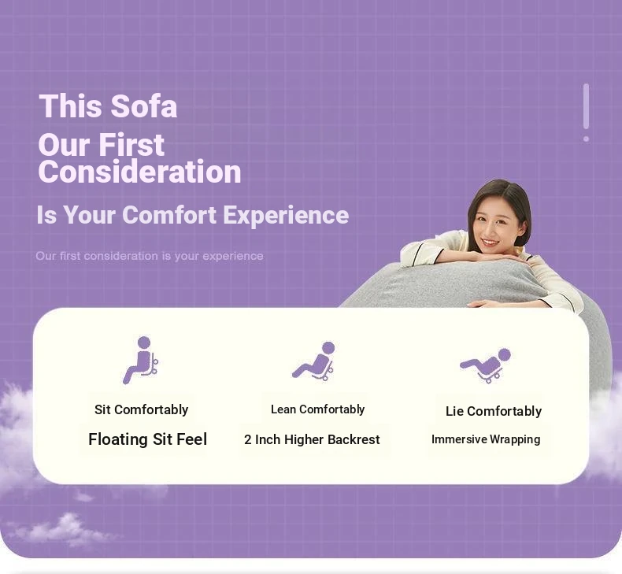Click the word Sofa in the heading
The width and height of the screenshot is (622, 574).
coord(143,106)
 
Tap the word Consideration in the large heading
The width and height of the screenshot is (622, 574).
coord(139,172)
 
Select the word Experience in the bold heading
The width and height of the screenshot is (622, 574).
coord(286,216)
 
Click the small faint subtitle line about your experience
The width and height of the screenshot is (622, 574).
coord(150,256)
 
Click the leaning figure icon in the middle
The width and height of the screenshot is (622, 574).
coord(314,361)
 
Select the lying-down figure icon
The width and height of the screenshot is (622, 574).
coord(486,365)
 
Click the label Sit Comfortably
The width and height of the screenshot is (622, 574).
coord(141,409)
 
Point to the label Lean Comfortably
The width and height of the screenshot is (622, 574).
coord(318,409)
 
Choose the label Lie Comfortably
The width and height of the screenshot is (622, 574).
coord(494,411)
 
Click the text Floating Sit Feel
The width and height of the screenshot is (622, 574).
coord(147,439)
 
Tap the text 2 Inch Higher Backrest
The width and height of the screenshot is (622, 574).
coord(313,439)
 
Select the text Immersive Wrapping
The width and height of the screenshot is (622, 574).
coord(486,439)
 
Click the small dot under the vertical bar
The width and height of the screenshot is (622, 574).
coord(587,139)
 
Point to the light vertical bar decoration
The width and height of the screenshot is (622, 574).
coord(587,106)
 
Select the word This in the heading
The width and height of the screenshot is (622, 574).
coord(71,106)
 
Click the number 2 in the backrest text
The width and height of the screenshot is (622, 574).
coord(247,439)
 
